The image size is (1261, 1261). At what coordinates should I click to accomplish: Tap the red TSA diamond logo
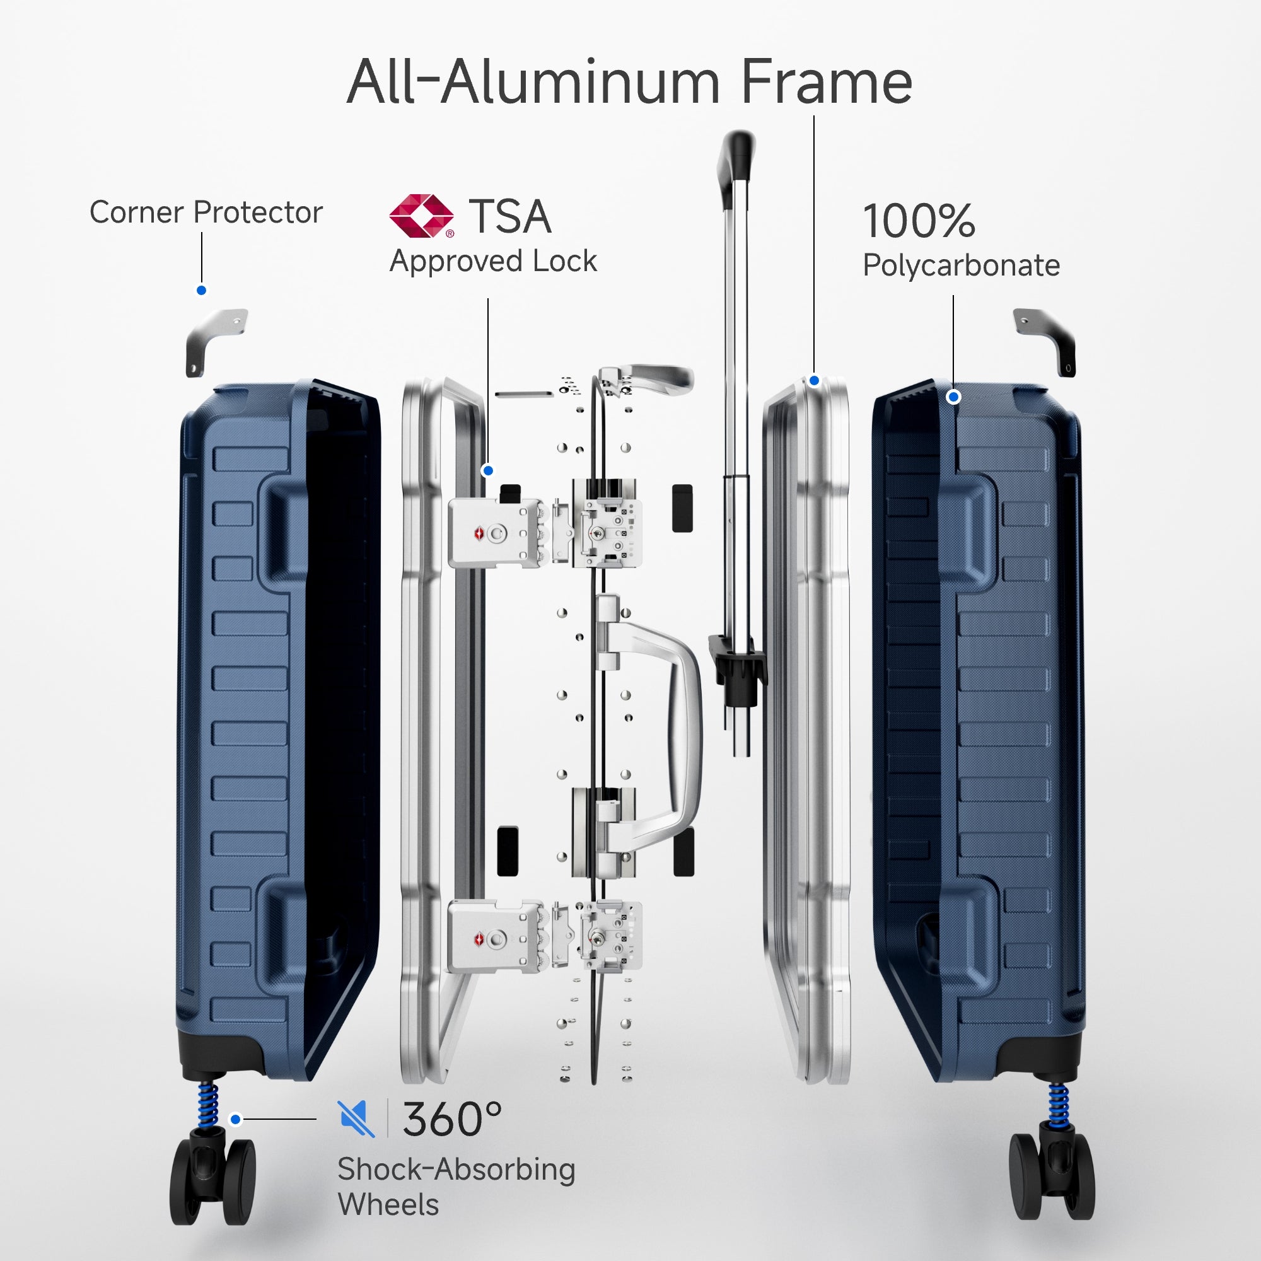[421, 216]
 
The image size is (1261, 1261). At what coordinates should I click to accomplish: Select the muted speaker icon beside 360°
[356, 1118]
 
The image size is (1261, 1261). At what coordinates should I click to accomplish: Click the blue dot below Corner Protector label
[202, 291]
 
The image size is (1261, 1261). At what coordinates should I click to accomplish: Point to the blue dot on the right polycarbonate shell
[953, 396]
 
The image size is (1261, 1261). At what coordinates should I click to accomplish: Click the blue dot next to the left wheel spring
[236, 1119]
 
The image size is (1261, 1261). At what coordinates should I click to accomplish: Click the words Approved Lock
[493, 261]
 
